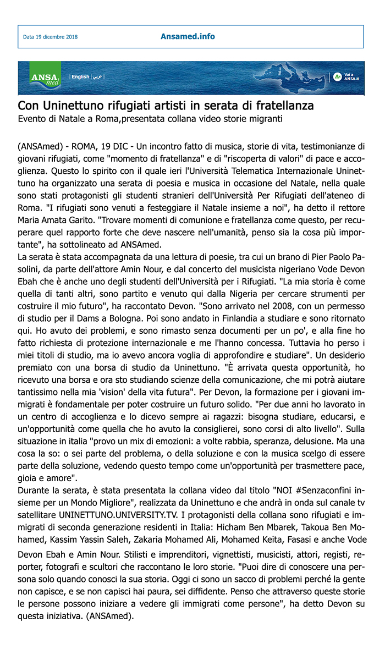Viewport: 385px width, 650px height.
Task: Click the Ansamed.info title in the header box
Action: pyautogui.click(x=188, y=37)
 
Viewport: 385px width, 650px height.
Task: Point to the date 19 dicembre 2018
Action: pyautogui.click(x=50, y=37)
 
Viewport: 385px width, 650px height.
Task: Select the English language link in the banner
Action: pyautogui.click(x=80, y=77)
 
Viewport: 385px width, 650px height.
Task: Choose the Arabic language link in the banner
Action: pyautogui.click(x=97, y=77)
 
